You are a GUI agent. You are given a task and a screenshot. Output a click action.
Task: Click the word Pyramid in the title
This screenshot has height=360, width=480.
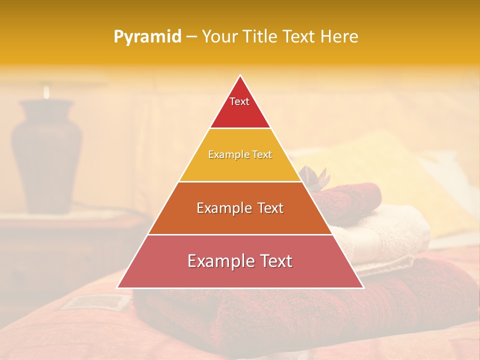coord(147,37)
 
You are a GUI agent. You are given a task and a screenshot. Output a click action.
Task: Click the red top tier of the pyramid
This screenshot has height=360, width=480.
coord(240,112)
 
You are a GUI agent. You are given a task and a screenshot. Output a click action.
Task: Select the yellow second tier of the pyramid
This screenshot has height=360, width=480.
coord(240,167)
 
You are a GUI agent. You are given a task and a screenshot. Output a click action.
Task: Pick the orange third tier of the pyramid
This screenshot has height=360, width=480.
coord(240,220)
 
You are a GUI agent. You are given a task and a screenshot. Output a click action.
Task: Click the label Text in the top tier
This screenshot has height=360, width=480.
coord(239,101)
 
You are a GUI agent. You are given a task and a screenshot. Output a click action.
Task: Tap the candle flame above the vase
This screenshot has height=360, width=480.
coord(46,91)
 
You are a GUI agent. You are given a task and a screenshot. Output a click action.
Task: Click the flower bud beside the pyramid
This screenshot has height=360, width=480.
coord(312,176)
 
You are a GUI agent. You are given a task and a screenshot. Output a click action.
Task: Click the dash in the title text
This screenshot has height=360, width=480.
coord(191,37)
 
